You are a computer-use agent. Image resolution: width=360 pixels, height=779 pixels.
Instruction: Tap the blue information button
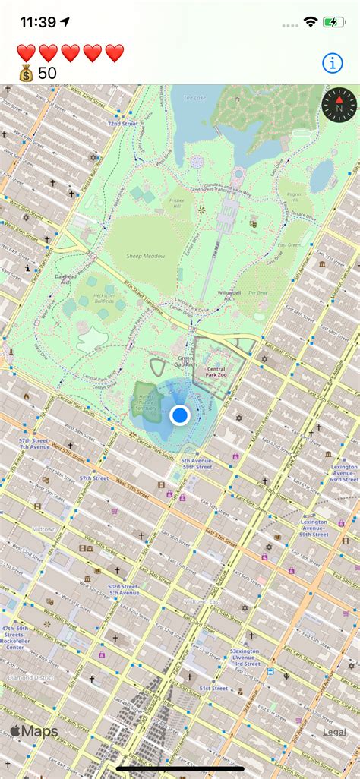[x=333, y=63]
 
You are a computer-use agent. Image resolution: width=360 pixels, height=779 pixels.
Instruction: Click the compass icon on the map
[x=339, y=105]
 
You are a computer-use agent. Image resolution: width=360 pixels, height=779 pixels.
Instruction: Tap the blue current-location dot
[x=180, y=415]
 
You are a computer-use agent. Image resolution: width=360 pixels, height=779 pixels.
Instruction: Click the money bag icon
[x=26, y=73]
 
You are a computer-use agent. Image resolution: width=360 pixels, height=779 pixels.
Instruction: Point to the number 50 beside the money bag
[x=47, y=73]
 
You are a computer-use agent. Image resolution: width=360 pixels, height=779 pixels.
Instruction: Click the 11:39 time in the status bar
[x=39, y=22]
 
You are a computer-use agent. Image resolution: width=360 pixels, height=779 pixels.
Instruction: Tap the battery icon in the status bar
[x=335, y=23]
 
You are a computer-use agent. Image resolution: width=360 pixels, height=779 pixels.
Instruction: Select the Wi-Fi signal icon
[x=310, y=23]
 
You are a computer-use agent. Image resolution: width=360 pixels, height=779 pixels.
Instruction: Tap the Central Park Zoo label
[x=216, y=372]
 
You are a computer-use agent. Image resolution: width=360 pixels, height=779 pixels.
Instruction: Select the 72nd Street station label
[x=122, y=123]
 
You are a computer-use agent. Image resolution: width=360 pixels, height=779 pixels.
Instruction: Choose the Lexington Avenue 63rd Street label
[x=343, y=473]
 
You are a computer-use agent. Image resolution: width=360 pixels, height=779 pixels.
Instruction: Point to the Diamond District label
[x=30, y=676]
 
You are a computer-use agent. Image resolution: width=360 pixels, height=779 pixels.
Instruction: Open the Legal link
[x=334, y=732]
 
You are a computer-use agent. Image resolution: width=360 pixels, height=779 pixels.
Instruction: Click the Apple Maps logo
[x=34, y=732]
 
